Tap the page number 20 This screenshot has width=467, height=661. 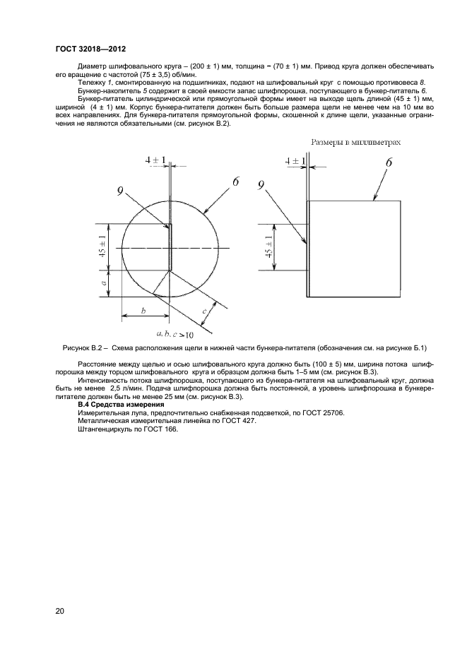tap(60, 610)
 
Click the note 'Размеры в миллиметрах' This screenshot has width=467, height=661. tap(356, 142)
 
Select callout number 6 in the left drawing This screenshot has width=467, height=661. tap(235, 183)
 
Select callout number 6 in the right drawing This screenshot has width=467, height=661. tap(388, 163)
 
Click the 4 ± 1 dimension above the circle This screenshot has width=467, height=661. tap(155, 161)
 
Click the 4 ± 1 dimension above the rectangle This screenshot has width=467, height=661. tap(295, 162)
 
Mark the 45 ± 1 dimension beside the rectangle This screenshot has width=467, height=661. tap(268, 247)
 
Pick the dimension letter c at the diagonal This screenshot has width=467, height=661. tap(204, 311)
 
